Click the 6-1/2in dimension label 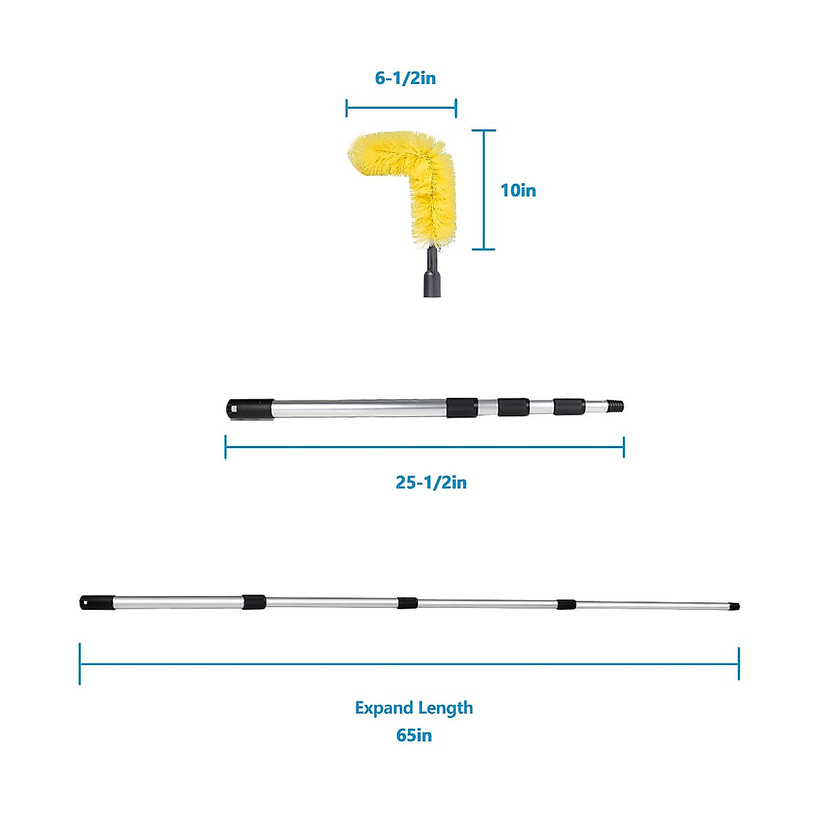405,78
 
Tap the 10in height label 518,190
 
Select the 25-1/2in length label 431,483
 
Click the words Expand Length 414,708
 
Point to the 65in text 414,735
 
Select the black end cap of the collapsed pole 240,408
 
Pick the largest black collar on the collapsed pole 462,407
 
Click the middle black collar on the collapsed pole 513,407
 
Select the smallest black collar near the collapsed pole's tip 569,406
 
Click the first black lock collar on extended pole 253,602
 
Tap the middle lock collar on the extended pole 407,603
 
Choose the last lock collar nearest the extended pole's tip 566,604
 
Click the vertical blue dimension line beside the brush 485,190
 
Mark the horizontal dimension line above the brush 401,107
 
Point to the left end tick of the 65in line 80,664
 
